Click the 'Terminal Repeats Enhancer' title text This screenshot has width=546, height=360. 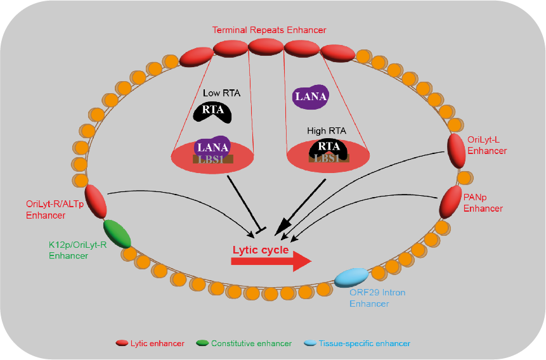click(270, 30)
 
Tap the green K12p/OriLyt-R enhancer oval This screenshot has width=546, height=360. click(117, 233)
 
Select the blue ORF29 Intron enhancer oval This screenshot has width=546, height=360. click(351, 277)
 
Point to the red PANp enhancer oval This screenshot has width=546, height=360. click(450, 201)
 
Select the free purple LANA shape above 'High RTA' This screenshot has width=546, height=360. click(310, 96)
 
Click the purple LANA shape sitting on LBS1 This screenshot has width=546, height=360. click(212, 147)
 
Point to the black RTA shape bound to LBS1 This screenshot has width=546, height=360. click(328, 148)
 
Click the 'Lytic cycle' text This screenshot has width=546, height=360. click(261, 250)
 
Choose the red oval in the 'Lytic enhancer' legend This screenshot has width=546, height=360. click(122, 343)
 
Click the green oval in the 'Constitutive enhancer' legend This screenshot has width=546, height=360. click(202, 343)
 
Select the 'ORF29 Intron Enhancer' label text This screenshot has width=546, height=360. click(377, 298)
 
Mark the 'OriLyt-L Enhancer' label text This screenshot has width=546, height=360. click(486, 146)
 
